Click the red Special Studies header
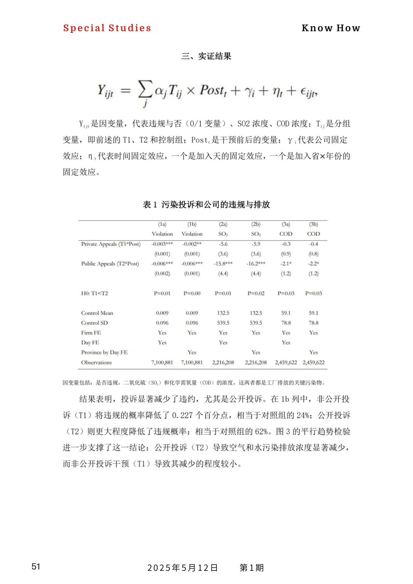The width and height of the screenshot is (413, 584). click(x=107, y=28)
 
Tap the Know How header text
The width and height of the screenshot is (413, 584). click(x=331, y=28)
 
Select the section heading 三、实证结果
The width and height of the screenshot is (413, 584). click(x=206, y=56)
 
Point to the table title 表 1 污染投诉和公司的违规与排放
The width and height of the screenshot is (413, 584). click(x=206, y=205)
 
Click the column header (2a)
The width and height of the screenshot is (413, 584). click(x=223, y=224)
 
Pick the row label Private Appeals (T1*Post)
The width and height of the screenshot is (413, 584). click(x=111, y=244)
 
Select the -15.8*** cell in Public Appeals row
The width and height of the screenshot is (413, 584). click(x=223, y=264)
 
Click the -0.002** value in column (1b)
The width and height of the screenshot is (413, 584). click(x=192, y=244)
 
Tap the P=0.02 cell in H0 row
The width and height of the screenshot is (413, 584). click(x=256, y=293)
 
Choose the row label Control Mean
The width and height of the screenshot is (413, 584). click(x=97, y=313)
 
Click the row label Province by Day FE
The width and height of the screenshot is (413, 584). click(x=104, y=352)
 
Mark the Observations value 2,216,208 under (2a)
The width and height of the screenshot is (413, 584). click(x=223, y=363)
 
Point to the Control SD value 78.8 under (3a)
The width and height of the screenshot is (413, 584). click(x=286, y=323)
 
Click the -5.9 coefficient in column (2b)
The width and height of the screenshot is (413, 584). click(x=256, y=244)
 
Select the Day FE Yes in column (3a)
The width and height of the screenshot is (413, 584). click(x=286, y=342)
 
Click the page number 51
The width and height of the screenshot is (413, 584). click(x=36, y=567)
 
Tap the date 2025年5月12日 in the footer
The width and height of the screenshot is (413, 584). click(x=183, y=568)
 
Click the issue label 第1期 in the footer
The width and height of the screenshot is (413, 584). click(x=252, y=568)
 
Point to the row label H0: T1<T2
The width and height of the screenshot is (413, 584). click(x=95, y=293)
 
